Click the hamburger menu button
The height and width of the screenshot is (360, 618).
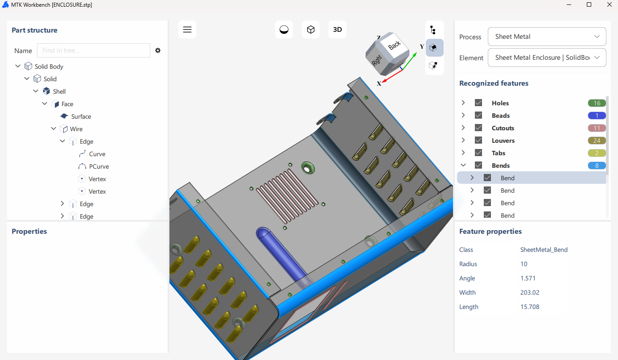187,29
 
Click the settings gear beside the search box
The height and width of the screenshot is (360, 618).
158,50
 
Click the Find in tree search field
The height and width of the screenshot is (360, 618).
94,50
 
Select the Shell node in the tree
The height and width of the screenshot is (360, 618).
59,91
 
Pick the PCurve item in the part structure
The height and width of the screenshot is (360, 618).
99,166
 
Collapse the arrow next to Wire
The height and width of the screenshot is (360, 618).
54,129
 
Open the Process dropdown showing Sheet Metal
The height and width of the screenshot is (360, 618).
547,37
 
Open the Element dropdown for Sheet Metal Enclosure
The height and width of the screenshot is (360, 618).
547,58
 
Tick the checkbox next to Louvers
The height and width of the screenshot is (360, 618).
478,141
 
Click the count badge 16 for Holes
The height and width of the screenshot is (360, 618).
597,103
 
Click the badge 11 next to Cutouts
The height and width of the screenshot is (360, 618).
597,128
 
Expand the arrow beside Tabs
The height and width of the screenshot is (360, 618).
463,153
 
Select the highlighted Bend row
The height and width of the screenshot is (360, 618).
507,178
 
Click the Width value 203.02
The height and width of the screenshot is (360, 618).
530,293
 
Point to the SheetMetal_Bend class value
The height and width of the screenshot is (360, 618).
544,250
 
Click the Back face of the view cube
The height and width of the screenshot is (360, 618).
394,46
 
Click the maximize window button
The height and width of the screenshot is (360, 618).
589,4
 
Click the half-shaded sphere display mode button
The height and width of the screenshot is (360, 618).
284,29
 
